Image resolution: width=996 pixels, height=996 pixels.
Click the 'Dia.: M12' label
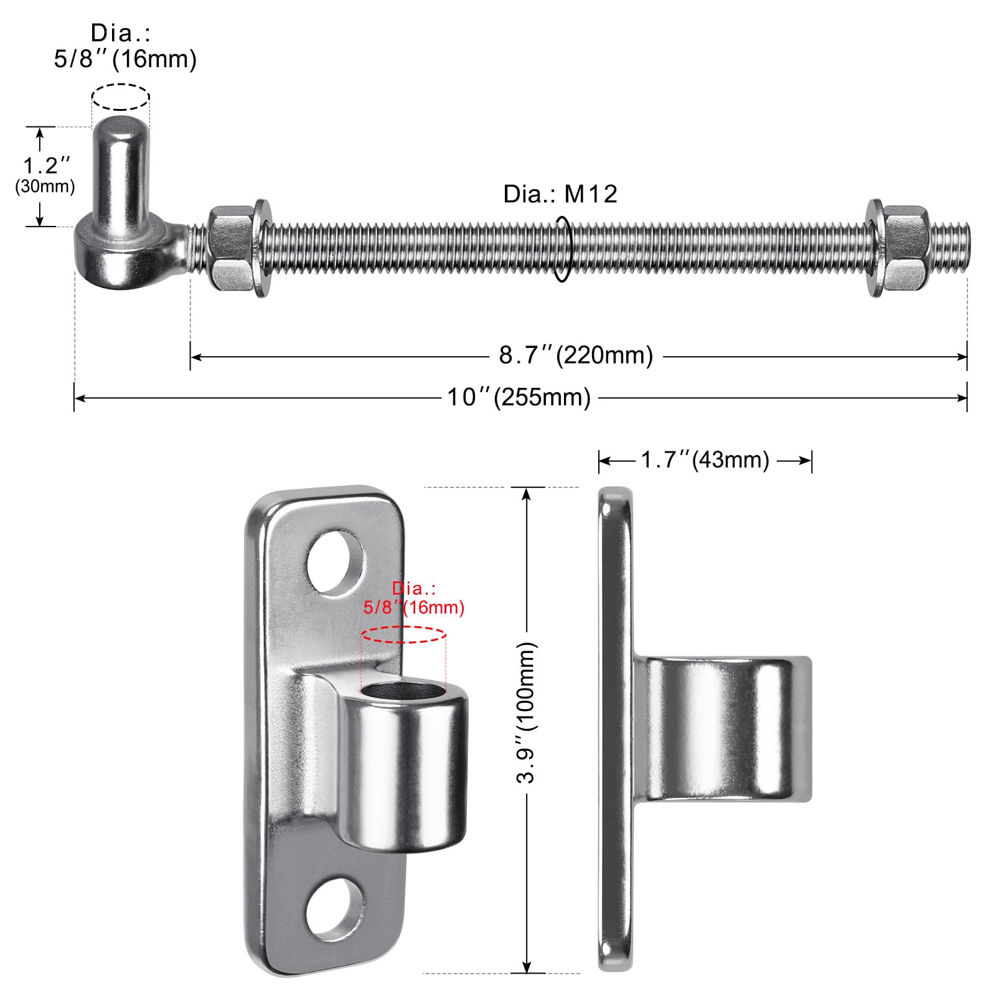click(560, 194)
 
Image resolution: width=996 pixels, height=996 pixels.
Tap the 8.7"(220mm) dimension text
click(576, 355)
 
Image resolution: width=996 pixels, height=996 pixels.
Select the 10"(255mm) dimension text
click(519, 397)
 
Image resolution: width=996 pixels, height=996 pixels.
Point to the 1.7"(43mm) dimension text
click(705, 460)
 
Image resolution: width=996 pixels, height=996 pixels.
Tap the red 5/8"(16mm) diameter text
click(414, 607)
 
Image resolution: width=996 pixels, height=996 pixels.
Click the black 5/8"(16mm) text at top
click(125, 59)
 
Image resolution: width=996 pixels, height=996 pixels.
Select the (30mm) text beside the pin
click(45, 186)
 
